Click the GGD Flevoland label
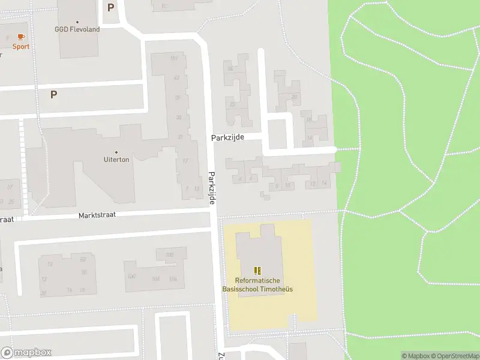(x=77, y=29)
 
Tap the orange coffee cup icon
(x=22, y=37)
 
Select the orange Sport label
(x=21, y=46)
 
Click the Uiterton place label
(x=116, y=160)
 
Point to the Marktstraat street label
(x=96, y=215)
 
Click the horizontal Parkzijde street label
(x=227, y=137)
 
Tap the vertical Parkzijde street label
(x=212, y=187)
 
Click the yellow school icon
(x=258, y=271)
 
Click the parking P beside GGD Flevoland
(x=110, y=8)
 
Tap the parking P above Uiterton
(x=53, y=94)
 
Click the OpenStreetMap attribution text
(x=454, y=356)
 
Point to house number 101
(x=174, y=58)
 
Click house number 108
(x=169, y=255)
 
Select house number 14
(x=324, y=183)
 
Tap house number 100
(x=131, y=277)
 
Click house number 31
(x=180, y=137)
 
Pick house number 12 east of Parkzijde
(x=313, y=184)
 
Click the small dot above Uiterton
(x=116, y=152)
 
